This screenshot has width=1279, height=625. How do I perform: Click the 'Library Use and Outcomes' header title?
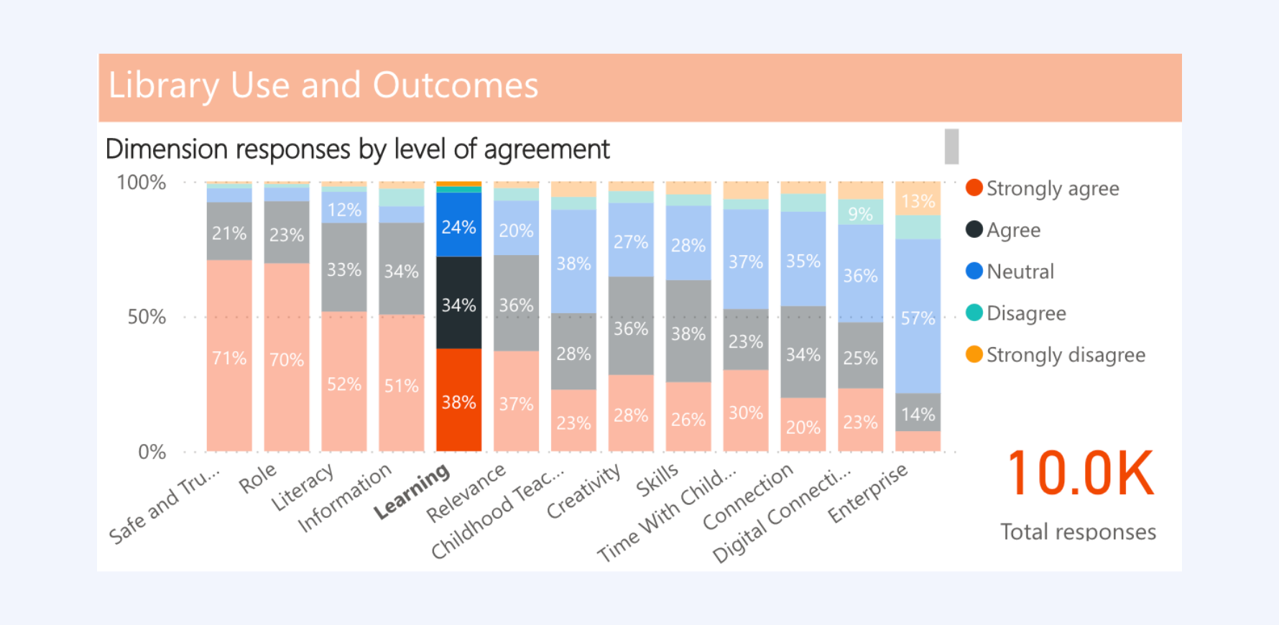point(323,85)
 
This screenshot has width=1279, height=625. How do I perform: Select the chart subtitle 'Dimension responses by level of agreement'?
point(357,149)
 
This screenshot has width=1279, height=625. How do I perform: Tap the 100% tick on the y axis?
point(142,182)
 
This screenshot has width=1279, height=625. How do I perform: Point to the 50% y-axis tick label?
point(147,317)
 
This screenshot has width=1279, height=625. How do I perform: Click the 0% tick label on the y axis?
point(152,452)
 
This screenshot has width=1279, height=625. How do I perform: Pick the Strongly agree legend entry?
point(1042,188)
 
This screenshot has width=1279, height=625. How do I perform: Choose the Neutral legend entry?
point(1010,272)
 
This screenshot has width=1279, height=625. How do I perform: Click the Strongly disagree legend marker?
point(974,355)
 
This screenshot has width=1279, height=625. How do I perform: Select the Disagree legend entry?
point(1016,313)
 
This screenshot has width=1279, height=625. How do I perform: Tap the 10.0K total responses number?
point(1080,473)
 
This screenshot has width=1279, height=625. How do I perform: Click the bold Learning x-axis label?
point(412,492)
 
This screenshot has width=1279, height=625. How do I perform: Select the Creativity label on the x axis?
point(584,491)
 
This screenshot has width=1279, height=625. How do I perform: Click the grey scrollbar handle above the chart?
point(951,146)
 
